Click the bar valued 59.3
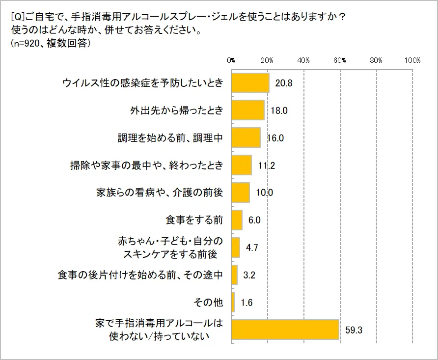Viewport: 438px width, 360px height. [x=285, y=330]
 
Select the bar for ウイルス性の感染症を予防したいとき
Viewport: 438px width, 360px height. [x=250, y=83]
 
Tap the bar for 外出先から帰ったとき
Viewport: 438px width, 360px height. [x=247, y=111]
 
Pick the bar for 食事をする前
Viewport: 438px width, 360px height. [x=237, y=220]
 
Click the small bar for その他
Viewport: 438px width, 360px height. [x=233, y=303]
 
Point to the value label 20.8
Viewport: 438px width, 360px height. [x=284, y=83]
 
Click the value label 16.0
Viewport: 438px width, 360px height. [x=275, y=138]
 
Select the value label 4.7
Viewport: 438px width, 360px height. [x=252, y=248]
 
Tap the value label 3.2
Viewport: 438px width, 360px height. [x=249, y=275]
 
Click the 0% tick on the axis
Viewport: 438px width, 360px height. [x=231, y=60]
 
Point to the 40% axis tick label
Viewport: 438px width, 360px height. [x=303, y=60]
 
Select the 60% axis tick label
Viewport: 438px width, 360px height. [x=340, y=60]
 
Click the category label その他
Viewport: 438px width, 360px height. [x=209, y=303]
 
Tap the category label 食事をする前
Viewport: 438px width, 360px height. [x=194, y=220]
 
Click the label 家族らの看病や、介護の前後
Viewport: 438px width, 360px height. [x=160, y=193]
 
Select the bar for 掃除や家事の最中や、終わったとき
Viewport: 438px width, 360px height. [x=241, y=166]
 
